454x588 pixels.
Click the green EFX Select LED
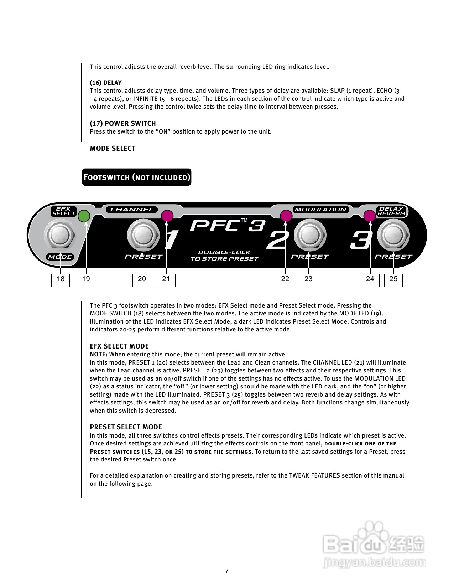[84, 216]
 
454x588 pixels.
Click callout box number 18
[61, 280]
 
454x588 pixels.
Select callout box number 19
[86, 280]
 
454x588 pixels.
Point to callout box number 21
[166, 280]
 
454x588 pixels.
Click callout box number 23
[308, 280]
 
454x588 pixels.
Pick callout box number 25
[393, 280]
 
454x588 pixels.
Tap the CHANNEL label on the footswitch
[132, 210]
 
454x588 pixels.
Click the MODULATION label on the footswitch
[320, 210]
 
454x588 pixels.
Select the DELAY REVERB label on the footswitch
[391, 211]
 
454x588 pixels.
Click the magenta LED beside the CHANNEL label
[167, 216]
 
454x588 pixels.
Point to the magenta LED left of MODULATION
[286, 216]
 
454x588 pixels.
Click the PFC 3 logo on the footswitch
[227, 226]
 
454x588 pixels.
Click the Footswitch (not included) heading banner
[137, 177]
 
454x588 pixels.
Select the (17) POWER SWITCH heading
[123, 124]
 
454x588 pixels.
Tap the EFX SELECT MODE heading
[119, 346]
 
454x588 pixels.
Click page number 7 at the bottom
[227, 571]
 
